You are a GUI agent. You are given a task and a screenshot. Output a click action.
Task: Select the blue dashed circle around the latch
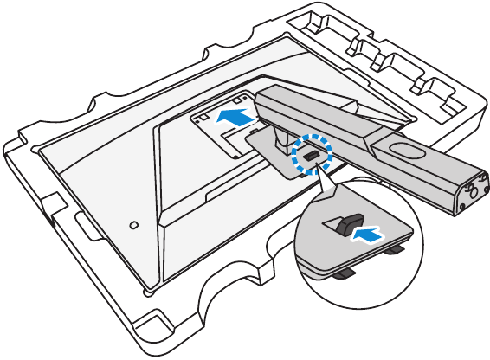tap(311, 152)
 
